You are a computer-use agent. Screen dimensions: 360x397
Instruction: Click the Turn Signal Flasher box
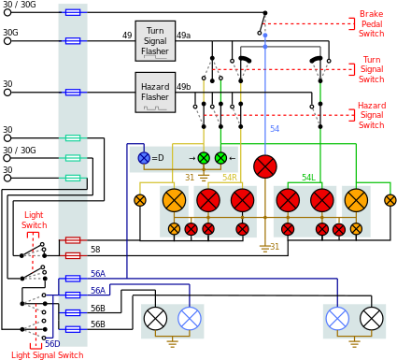pyautogui.click(x=155, y=40)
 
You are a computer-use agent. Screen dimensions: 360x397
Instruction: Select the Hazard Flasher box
pyautogui.click(x=155, y=92)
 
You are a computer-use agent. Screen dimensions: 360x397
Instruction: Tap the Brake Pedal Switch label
pyautogui.click(x=371, y=24)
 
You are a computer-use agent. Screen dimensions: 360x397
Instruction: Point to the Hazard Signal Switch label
pyautogui.click(x=371, y=116)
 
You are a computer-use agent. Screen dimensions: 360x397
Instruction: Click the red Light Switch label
pyautogui.click(x=34, y=220)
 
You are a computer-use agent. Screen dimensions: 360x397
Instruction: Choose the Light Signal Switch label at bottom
pyautogui.click(x=47, y=354)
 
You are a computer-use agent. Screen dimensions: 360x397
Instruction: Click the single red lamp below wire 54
pyautogui.click(x=265, y=166)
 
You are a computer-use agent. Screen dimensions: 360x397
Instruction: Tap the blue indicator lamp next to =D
pyautogui.click(x=144, y=158)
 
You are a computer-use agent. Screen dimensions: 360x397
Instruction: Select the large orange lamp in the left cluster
pyautogui.click(x=174, y=200)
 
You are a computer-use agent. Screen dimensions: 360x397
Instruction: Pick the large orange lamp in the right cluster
pyautogui.click(x=356, y=200)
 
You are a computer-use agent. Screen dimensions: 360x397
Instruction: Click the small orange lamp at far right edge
pyautogui.click(x=390, y=200)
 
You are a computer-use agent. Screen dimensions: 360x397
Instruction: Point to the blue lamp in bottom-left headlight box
pyautogui.click(x=190, y=319)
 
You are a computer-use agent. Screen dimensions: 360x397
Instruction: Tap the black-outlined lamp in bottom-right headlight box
pyautogui.click(x=372, y=319)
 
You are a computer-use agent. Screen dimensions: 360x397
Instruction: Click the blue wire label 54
pyautogui.click(x=275, y=129)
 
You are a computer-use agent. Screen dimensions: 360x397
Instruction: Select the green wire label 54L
pyautogui.click(x=307, y=178)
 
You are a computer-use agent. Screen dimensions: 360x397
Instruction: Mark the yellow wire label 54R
pyautogui.click(x=229, y=178)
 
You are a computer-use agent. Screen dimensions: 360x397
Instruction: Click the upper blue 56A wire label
pyautogui.click(x=97, y=274)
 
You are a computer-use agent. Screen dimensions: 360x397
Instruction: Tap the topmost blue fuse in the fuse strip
pyautogui.click(x=72, y=12)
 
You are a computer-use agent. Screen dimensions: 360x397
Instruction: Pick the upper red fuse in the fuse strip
pyautogui.click(x=72, y=240)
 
